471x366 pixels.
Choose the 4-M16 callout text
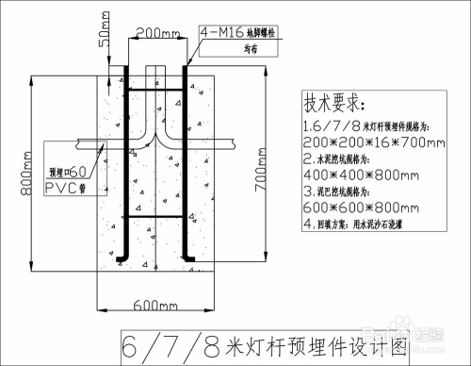(x=223, y=33)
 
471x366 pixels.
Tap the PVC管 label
(x=68, y=188)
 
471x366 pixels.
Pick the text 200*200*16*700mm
(x=373, y=142)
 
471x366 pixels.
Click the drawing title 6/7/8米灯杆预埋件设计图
(x=267, y=344)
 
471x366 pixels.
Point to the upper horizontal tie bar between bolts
(x=156, y=90)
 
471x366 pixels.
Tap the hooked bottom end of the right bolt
(x=190, y=258)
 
